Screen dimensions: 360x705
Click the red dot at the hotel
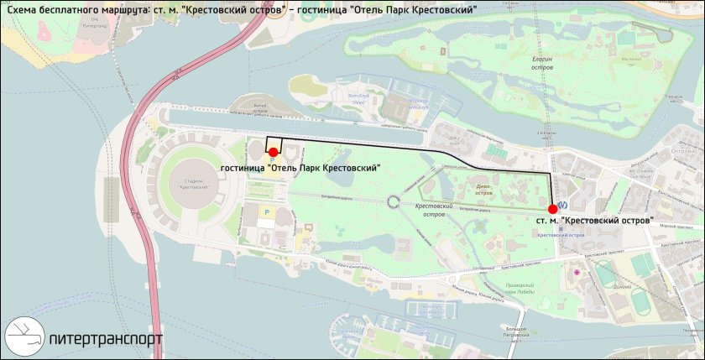pyautogui.click(x=273, y=151)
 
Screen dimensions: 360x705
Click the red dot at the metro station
pyautogui.click(x=551, y=209)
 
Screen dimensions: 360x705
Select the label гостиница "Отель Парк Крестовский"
pyautogui.click(x=300, y=168)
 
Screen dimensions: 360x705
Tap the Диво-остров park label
pyautogui.click(x=483, y=189)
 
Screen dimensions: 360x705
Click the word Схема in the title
pyautogui.click(x=19, y=9)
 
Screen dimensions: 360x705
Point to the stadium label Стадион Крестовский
pyautogui.click(x=194, y=185)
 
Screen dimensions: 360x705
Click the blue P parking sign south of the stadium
pyautogui.click(x=268, y=213)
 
